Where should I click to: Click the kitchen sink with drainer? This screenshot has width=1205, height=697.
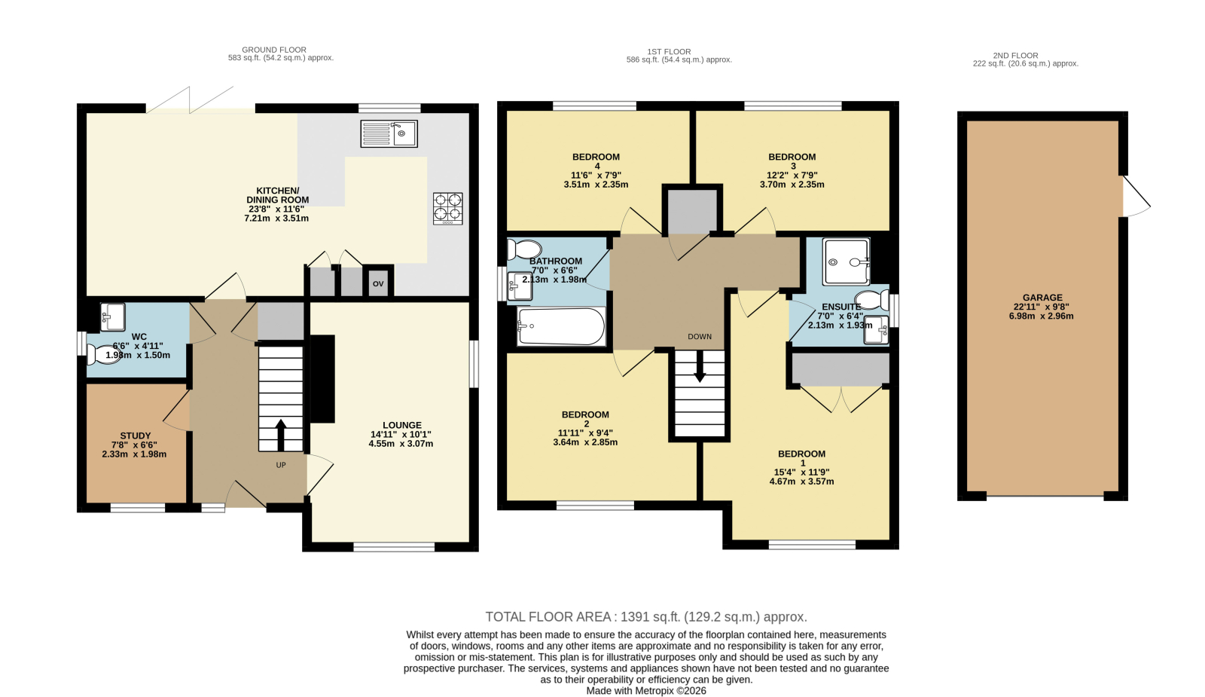pos(389,133)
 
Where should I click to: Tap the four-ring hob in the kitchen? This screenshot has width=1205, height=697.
pos(447,208)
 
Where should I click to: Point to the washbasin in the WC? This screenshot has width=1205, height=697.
pos(112,317)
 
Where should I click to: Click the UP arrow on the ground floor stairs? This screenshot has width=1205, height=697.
pos(281,435)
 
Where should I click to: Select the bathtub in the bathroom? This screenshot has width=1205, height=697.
pos(561,326)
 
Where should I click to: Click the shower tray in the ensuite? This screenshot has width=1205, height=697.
pos(847,261)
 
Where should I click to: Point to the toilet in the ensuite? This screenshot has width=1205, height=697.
pos(872,301)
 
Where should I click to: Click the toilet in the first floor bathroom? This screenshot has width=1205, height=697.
pos(524,249)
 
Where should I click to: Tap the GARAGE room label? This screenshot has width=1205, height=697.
pos(1042,297)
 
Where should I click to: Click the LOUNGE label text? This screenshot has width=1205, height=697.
pos(402,425)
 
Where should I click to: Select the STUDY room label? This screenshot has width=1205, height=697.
pos(135,436)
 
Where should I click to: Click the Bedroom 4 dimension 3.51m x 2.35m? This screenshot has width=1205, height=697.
pos(596,185)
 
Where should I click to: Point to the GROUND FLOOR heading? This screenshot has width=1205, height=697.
pos(274,50)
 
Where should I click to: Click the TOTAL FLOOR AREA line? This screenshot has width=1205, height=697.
pos(646,617)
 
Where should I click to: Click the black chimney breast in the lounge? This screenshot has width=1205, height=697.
pos(322,379)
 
